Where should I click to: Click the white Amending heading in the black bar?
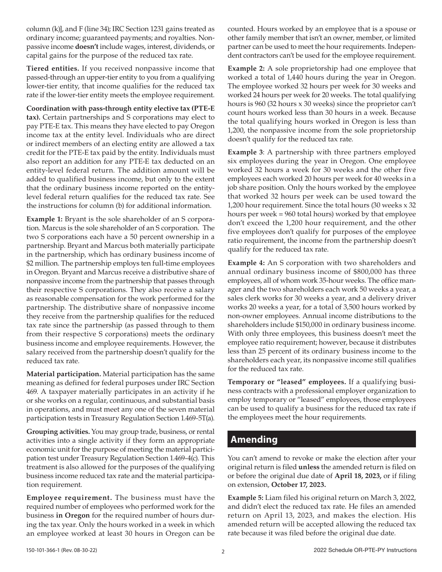(254, 439)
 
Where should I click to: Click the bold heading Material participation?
(63, 374)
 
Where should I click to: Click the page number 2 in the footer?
(223, 552)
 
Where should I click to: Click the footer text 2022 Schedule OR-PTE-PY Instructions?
(365, 550)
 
